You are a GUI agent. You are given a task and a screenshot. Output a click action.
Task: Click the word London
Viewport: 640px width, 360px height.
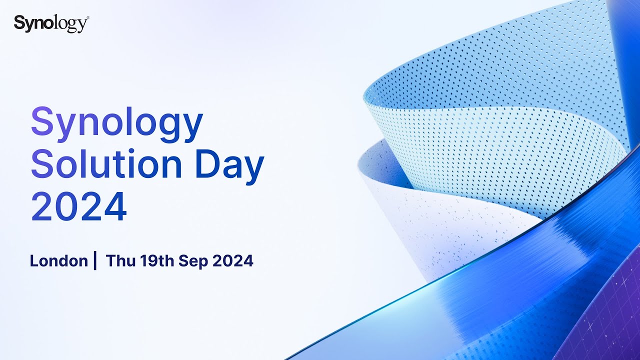[58, 260]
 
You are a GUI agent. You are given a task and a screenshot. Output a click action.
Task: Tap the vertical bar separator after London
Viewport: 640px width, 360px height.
[95, 260]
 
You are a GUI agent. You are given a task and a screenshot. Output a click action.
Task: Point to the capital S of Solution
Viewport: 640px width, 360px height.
[42, 165]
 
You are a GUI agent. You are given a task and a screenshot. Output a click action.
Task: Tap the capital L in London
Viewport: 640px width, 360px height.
[33, 260]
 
